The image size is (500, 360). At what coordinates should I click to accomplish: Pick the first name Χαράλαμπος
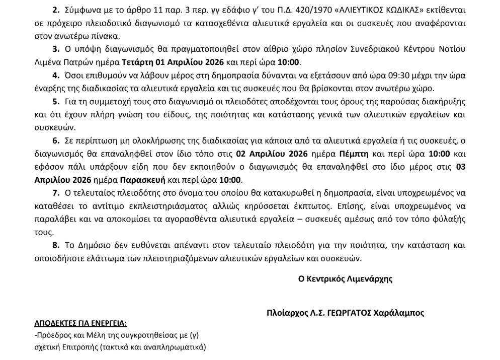tap(403, 313)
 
